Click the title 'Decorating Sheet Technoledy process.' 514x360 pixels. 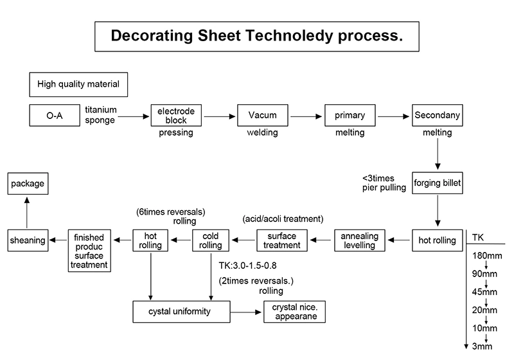257,36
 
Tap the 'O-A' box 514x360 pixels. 54,116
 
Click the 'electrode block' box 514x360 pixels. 172,116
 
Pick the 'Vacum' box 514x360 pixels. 262,116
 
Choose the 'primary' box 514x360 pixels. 350,116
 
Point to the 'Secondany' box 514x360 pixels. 438,116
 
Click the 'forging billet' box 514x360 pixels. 438,183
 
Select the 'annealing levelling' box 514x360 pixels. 360,240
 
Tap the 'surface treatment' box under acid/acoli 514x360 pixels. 282,240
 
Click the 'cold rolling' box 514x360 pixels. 210,240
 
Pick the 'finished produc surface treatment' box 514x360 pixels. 89,251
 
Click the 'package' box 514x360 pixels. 28,184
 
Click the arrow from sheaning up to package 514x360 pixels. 28,212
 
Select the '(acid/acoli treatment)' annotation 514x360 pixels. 283,218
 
